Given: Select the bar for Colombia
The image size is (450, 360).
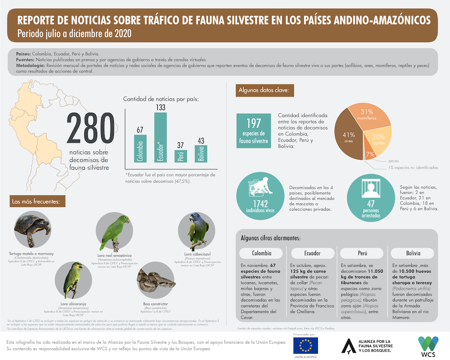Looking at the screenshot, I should tap(140, 148).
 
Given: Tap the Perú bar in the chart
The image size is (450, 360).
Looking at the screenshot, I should tap(181, 156).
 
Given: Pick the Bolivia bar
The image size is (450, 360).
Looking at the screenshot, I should tap(201, 154).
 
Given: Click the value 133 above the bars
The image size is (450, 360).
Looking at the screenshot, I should tap(160, 107).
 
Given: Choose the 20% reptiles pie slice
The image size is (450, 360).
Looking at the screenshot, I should tap(377, 140).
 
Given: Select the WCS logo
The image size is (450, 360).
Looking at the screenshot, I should tap(428, 345).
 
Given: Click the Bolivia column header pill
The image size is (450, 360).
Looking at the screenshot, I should tap(414, 253).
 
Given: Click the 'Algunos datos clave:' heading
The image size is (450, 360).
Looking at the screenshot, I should tap(263, 91).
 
